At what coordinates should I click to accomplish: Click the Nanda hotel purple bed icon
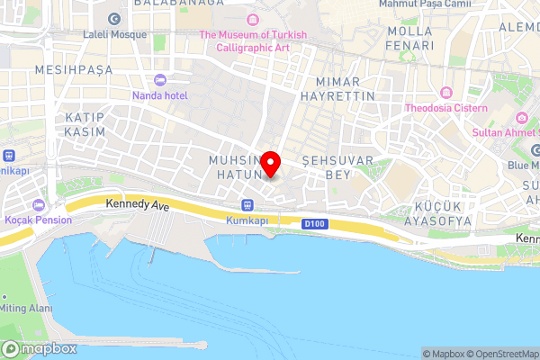click(x=161, y=80)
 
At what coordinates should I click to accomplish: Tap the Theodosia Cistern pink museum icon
click(x=446, y=93)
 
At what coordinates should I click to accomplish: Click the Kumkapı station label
click(x=247, y=220)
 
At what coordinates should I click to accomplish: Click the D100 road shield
click(x=313, y=222)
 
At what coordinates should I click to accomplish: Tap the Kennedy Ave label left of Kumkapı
click(x=137, y=205)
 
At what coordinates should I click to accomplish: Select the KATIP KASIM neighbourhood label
click(x=85, y=125)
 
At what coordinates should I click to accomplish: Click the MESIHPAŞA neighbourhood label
click(x=67, y=68)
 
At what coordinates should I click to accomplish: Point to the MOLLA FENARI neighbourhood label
click(x=409, y=38)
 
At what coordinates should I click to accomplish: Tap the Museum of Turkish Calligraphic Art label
click(x=254, y=41)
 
